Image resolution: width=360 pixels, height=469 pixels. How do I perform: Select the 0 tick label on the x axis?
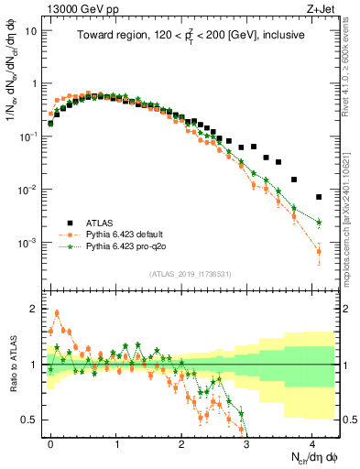50,442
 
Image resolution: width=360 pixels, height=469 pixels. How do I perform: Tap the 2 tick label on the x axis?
181,442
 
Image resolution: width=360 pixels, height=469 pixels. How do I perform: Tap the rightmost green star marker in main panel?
319,223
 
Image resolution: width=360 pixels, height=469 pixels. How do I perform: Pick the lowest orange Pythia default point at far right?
319,251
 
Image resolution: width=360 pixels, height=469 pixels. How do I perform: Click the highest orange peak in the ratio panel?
57,312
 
